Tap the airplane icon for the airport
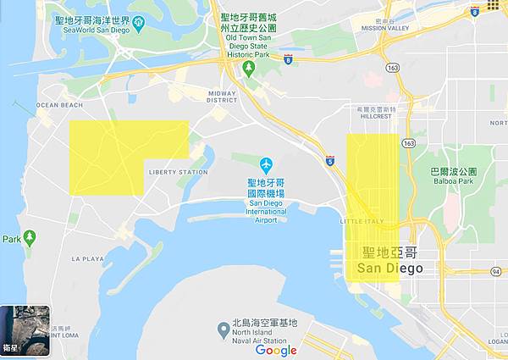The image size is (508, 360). tap(267, 163)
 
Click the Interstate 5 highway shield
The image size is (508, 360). tap(329, 158)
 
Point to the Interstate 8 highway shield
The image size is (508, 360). tap(289, 60)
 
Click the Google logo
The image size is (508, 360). tap(276, 350)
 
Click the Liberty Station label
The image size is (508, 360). tap(178, 172)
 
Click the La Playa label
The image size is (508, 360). tap(87, 258)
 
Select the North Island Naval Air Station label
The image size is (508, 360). tap(265, 329)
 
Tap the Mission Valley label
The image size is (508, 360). tap(385, 28)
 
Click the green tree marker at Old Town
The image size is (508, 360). tap(249, 67)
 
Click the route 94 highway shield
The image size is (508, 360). tap(494, 271)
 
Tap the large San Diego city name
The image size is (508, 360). tap(389, 260)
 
